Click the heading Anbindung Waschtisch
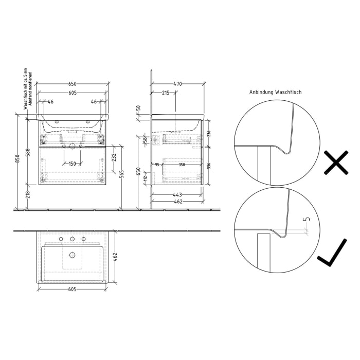[x=276, y=92]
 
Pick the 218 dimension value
[x=29, y=195]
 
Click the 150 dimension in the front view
[x=72, y=164]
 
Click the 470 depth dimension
[x=177, y=84]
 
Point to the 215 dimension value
[x=166, y=93]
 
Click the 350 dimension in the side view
[x=182, y=165]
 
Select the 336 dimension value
[x=209, y=166]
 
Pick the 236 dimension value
[x=209, y=133]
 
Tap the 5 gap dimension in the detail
[x=307, y=220]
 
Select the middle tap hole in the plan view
[x=72, y=239]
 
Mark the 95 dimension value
[x=157, y=165]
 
